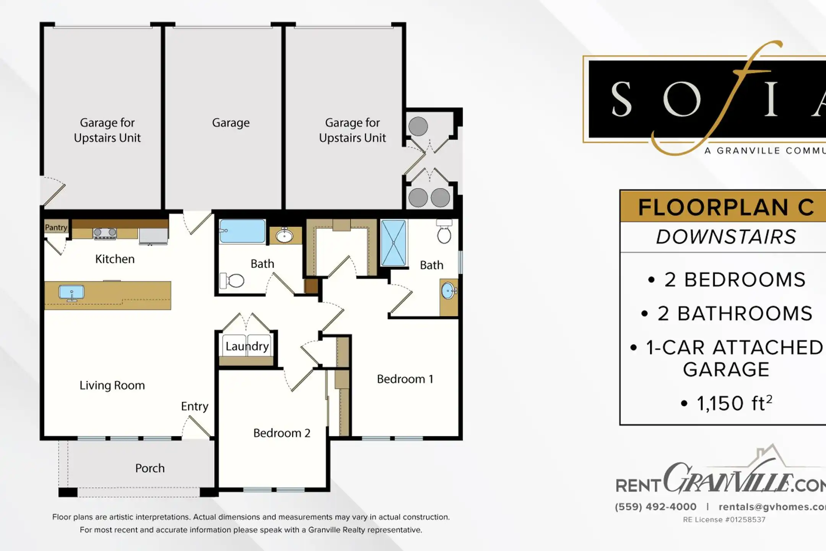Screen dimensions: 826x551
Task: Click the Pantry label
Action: click(x=56, y=227)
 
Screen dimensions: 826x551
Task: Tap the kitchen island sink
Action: click(x=71, y=293)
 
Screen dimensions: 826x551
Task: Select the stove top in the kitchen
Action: click(x=105, y=233)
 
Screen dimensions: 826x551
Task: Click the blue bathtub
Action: click(x=242, y=231)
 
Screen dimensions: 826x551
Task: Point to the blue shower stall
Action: click(x=393, y=243)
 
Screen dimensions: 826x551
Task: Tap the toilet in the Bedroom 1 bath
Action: click(x=444, y=232)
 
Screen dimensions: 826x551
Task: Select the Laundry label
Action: click(x=247, y=346)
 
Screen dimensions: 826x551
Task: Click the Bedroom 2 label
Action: click(x=282, y=433)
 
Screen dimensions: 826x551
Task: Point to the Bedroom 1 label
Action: click(x=405, y=379)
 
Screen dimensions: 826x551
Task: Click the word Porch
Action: click(x=150, y=468)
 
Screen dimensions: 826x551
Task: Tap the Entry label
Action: click(x=195, y=406)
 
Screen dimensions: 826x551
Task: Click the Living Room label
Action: click(x=112, y=385)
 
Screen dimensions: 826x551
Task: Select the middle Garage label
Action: click(x=231, y=123)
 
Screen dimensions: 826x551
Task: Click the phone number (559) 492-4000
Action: click(x=655, y=507)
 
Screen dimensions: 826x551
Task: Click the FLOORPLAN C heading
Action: click(x=726, y=207)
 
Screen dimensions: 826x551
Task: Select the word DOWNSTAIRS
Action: click(x=726, y=237)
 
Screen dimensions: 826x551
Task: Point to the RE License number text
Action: click(x=724, y=520)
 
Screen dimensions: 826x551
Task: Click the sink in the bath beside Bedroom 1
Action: click(x=448, y=291)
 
